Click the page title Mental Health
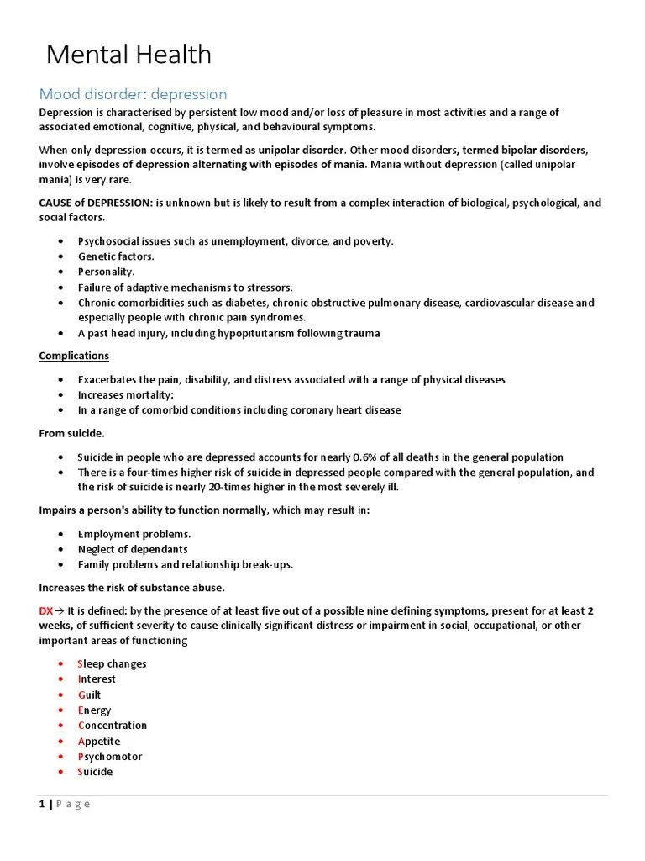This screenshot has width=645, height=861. click(x=128, y=55)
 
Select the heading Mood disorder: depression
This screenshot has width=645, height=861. click(x=133, y=94)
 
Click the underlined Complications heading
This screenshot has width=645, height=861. click(x=74, y=356)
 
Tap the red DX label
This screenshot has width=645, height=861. click(x=46, y=610)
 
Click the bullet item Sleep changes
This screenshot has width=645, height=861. click(x=112, y=663)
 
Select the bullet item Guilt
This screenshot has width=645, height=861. click(x=89, y=695)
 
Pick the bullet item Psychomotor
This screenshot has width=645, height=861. click(x=110, y=756)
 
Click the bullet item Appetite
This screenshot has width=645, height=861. click(x=99, y=741)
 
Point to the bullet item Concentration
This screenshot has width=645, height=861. click(x=113, y=725)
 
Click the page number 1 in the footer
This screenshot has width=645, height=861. click(x=42, y=804)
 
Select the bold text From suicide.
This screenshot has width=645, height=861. click(x=72, y=433)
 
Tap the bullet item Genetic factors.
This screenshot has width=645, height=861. click(x=116, y=256)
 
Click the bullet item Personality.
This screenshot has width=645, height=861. click(x=106, y=272)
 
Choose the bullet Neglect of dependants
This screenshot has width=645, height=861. click(x=133, y=549)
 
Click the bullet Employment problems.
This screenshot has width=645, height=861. click(x=134, y=534)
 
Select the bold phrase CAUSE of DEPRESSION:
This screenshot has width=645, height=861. click(x=96, y=203)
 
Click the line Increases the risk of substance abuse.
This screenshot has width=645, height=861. click(x=132, y=587)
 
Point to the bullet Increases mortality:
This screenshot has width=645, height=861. click(x=125, y=394)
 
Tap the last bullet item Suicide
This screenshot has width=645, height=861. click(x=95, y=771)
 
